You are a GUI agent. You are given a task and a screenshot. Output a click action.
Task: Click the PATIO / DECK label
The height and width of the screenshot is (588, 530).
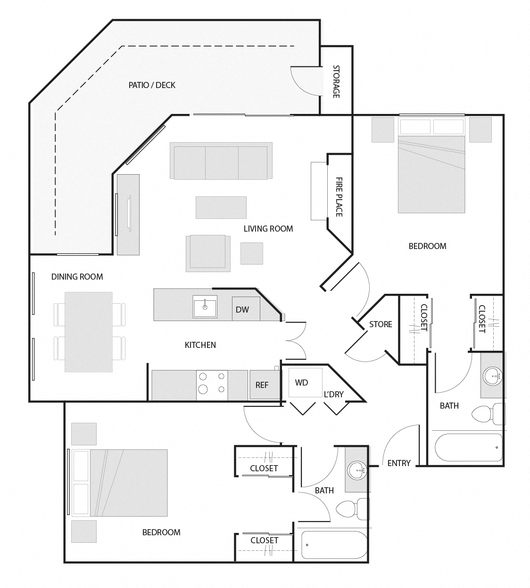click(152, 85)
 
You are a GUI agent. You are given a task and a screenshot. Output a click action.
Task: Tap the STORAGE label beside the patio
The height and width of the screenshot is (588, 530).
click(336, 81)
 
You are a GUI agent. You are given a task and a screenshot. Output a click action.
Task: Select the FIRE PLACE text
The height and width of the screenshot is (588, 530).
click(339, 197)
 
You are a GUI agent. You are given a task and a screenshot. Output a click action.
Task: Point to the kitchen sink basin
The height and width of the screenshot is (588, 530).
click(205, 308)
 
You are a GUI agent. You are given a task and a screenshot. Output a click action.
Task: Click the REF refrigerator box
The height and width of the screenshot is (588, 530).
click(262, 385)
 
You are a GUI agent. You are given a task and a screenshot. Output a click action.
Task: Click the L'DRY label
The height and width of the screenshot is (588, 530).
click(333, 394)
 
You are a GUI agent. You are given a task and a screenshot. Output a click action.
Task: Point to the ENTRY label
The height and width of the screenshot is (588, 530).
click(399, 463)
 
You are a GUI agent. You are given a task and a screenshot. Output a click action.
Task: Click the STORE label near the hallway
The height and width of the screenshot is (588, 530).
click(381, 324)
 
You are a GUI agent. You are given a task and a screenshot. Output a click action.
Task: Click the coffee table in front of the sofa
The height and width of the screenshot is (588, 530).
click(221, 208)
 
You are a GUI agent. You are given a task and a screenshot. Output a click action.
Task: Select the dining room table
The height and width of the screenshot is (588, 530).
click(89, 331)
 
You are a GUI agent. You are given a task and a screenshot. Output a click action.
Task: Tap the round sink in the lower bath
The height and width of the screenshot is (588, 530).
click(357, 470)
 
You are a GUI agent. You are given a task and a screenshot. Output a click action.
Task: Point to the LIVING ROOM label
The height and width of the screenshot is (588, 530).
click(268, 229)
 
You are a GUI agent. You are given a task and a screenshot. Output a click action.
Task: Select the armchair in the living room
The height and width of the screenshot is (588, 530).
click(208, 253)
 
